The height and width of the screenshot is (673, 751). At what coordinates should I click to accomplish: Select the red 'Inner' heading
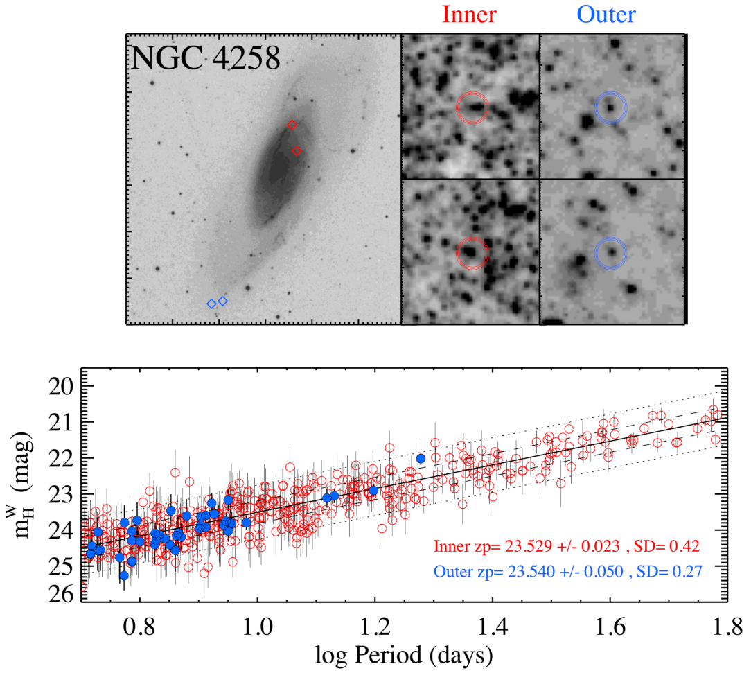(x=469, y=14)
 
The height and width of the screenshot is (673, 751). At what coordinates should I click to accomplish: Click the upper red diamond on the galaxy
(x=292, y=125)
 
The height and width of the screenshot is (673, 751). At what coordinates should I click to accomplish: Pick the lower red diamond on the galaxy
(x=297, y=151)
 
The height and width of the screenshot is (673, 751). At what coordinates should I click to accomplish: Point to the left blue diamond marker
(x=211, y=304)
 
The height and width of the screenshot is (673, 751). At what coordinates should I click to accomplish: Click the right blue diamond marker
(x=222, y=301)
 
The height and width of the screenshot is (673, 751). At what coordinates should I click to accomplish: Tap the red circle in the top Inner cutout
(x=472, y=107)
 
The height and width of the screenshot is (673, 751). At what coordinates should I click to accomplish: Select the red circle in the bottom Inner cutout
(x=472, y=252)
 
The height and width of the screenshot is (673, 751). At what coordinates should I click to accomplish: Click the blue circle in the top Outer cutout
(x=610, y=107)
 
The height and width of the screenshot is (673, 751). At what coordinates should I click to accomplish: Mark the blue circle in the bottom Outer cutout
(x=610, y=252)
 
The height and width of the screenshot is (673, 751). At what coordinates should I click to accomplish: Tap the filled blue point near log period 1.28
(x=421, y=459)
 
